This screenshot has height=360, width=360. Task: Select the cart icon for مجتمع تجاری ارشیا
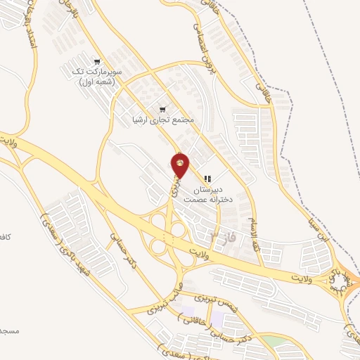tap(163, 109)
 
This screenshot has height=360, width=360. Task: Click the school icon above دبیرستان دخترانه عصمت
tap(207, 179)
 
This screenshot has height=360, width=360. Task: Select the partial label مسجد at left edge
tap(8, 330)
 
